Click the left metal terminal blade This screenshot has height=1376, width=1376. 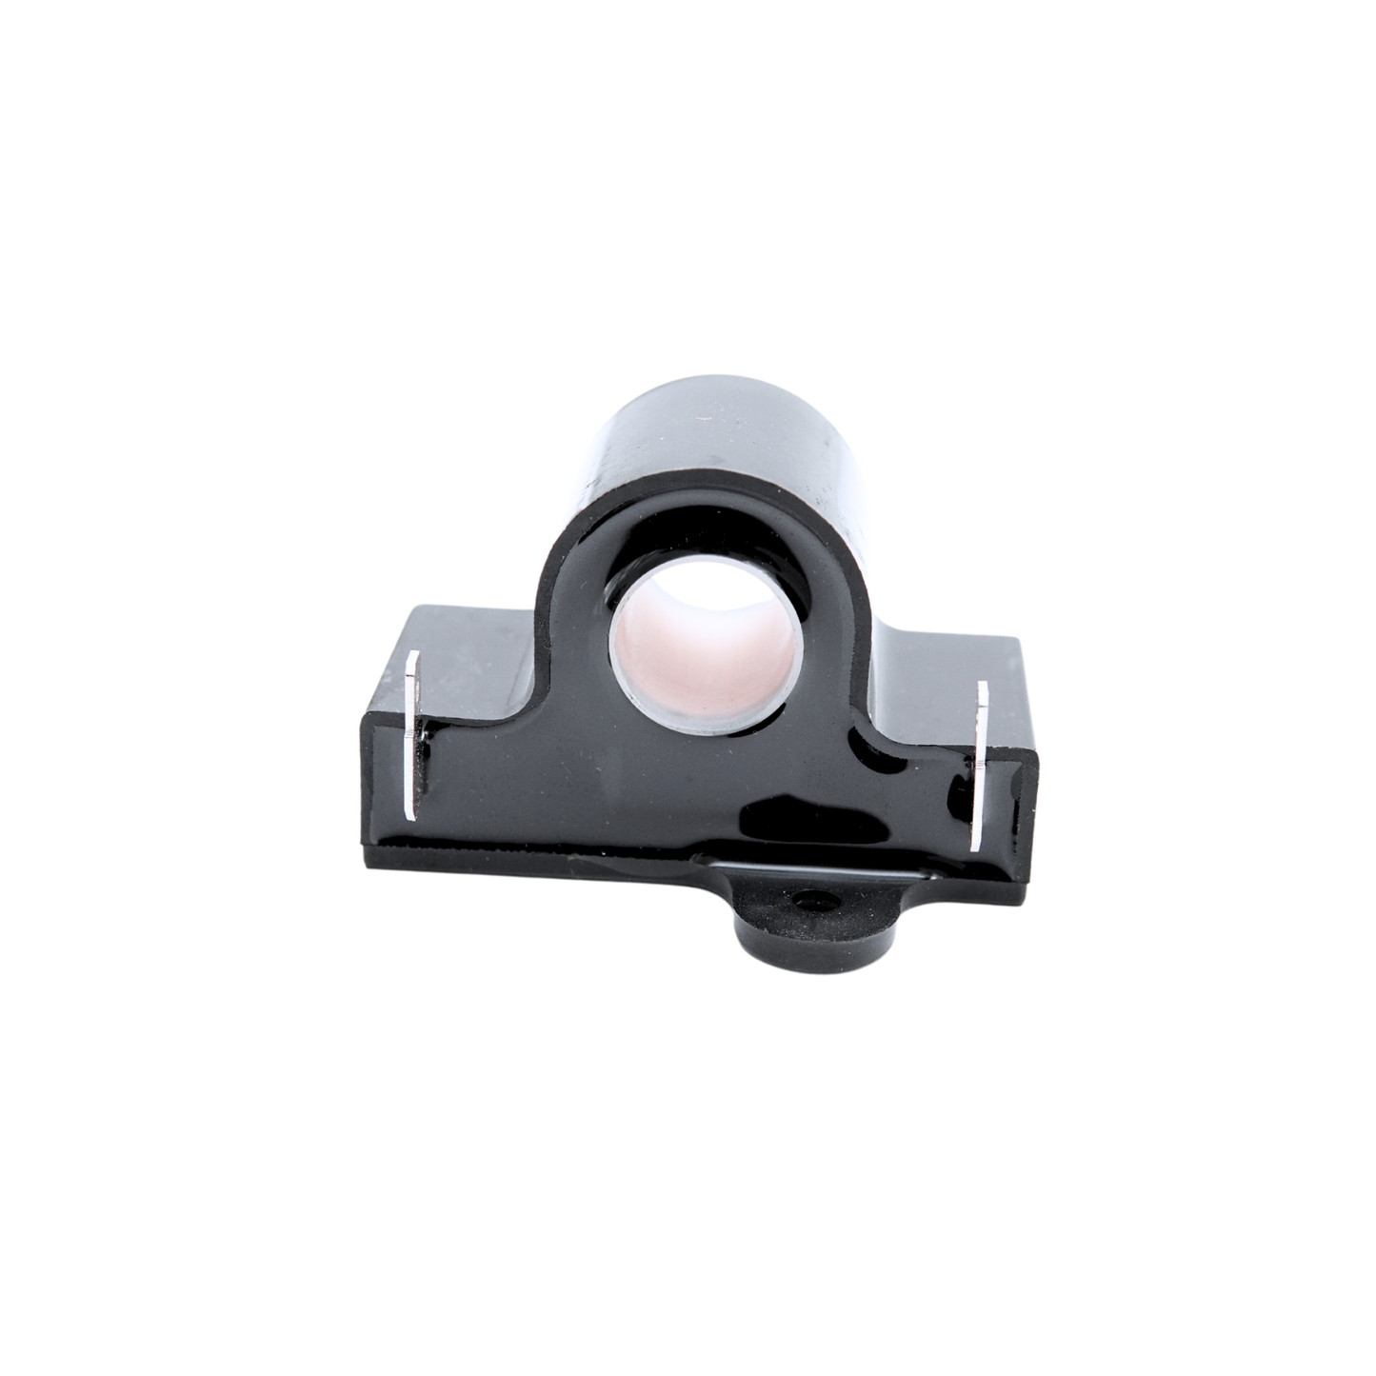[412, 734]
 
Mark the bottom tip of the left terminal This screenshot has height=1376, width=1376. [410, 815]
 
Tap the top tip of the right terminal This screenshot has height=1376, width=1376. [984, 684]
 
